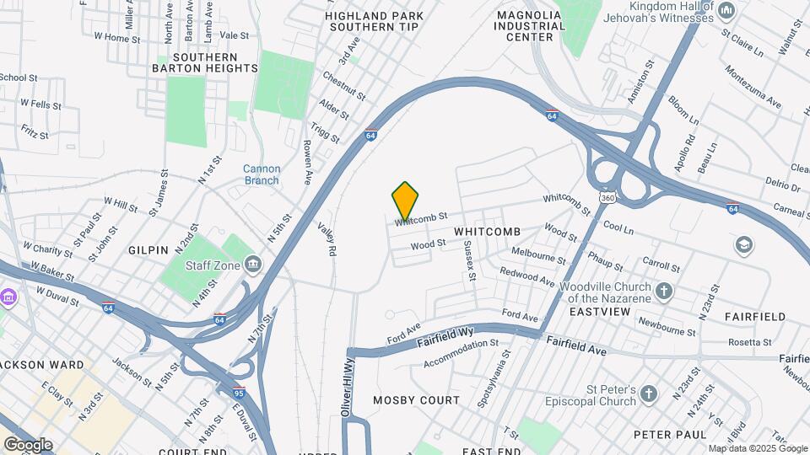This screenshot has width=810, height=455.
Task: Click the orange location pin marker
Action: coord(406,201)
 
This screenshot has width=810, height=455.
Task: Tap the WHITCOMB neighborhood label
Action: coord(487,231)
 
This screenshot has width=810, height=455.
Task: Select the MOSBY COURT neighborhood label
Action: coord(417,400)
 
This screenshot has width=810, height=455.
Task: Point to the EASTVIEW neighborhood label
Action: coord(600,312)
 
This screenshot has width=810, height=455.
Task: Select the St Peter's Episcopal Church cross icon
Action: coord(648,394)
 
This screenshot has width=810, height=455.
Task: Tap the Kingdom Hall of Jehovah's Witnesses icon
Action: coord(726,11)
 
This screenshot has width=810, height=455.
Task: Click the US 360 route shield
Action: coord(607,197)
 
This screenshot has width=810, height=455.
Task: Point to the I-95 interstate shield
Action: coord(239,393)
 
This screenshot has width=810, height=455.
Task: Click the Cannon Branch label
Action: coord(262,174)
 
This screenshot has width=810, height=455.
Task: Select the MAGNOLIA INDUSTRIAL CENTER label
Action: coord(530,26)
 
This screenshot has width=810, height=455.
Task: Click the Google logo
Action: coord(28,444)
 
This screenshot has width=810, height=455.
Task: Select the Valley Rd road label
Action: coord(327,238)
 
